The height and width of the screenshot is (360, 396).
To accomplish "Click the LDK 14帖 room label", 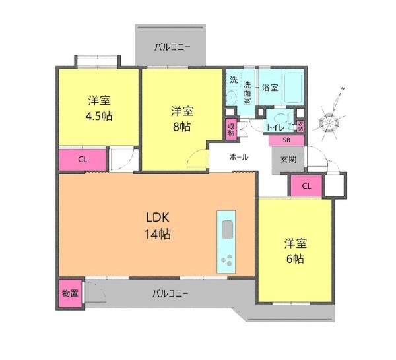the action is coord(158,225).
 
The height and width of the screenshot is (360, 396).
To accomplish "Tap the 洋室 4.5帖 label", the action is coord(99,108).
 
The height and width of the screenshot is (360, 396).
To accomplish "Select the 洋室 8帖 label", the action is coord(182,119).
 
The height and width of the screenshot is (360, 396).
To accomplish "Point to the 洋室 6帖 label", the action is coord(295,251).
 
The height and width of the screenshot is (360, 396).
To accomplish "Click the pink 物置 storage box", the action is coord(71,293).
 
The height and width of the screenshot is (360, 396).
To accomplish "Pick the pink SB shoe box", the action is coord(286,140).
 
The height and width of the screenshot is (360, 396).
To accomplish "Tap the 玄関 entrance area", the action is coord(288,160).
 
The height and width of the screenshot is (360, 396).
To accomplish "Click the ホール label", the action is coord(239,157).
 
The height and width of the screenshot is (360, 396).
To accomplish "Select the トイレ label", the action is coord(275,127).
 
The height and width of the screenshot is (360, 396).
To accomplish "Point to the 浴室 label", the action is coord(270,88).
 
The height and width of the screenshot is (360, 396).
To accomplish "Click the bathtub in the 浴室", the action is coord(293,87).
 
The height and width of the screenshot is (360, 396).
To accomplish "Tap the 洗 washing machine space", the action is coord(234,80).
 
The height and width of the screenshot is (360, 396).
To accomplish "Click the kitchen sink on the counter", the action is coord(227,229).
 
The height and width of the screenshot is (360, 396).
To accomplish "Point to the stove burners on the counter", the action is coord(226,260).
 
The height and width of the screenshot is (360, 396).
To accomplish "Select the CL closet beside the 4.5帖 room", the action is coord(82,160).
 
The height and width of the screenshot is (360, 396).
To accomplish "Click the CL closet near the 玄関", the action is coord(306,186).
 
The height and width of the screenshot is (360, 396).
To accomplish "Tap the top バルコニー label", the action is coord(172,47).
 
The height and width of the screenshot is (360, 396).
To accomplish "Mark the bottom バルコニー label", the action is coord(170,293).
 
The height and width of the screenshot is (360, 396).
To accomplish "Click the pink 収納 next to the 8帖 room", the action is coord(231,129).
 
